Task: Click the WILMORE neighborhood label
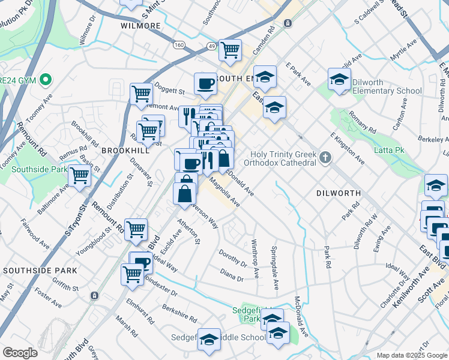pos(141,26)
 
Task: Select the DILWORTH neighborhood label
pos(339,193)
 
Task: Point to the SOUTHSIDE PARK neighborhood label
pos(40,271)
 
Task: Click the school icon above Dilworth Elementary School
pos(339,80)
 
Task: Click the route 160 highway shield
pos(179,45)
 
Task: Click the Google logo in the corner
pos(20,353)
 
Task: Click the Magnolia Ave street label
pos(224,195)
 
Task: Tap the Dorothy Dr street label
pos(233,258)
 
